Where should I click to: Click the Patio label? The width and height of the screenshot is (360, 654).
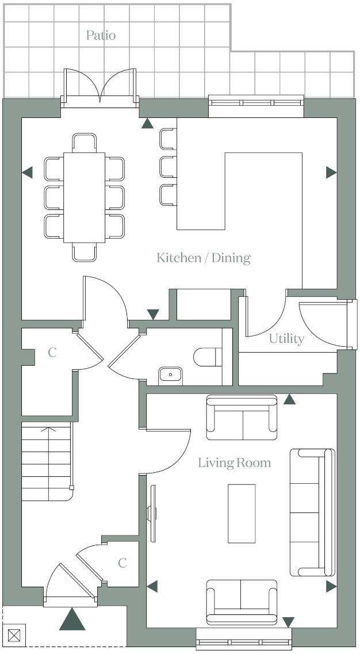point(101,35)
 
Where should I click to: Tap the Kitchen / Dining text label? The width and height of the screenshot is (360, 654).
point(204,257)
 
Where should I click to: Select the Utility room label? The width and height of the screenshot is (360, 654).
point(286,339)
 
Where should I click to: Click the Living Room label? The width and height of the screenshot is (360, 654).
point(234,462)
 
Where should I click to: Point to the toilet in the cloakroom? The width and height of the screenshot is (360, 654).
point(206,357)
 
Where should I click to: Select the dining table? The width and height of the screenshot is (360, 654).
point(84,197)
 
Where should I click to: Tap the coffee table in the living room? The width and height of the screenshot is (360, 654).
point(242,513)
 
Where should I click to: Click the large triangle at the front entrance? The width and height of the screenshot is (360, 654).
point(72,619)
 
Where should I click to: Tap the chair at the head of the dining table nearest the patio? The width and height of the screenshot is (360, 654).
point(84,142)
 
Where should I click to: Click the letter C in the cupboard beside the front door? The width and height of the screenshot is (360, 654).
point(122,563)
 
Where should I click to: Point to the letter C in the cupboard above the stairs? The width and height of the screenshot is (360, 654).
point(52,353)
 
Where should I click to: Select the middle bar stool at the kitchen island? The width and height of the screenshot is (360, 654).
point(167,167)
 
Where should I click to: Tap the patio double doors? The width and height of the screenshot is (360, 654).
point(101,88)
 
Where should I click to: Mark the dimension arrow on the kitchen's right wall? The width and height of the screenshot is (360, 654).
point(331,172)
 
